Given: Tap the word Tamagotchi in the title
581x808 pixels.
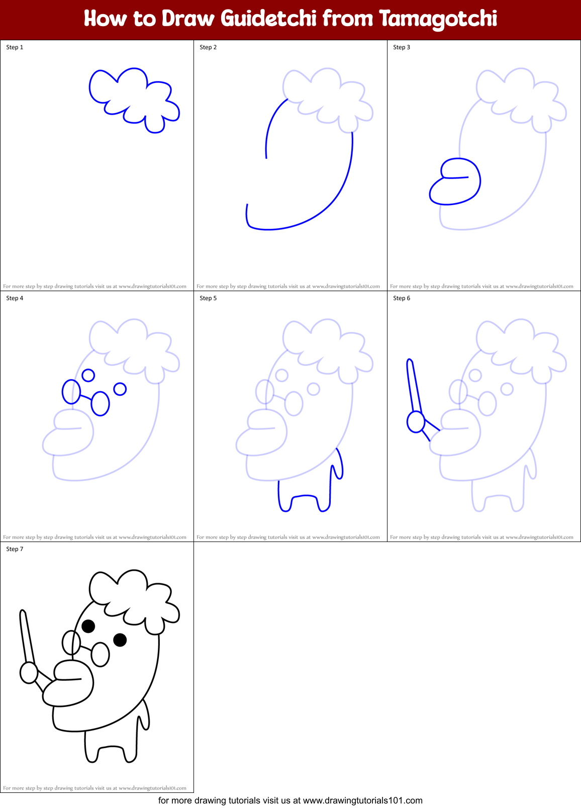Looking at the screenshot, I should click(x=438, y=19).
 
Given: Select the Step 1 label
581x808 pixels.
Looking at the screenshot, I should click(x=15, y=47).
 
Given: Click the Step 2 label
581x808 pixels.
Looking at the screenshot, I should click(x=208, y=47).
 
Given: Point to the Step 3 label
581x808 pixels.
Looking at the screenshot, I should click(x=402, y=47).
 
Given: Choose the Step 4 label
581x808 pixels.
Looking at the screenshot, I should click(x=15, y=298).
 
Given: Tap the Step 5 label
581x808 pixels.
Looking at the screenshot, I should click(x=208, y=298).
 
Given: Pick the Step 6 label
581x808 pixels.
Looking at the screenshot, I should click(x=402, y=298).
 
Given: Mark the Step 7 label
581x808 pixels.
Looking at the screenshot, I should click(x=15, y=549).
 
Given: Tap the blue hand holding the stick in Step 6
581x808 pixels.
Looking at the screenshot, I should click(x=416, y=422).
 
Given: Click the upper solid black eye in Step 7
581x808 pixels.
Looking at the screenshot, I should click(x=88, y=626).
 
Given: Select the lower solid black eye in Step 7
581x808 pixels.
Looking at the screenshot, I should click(x=120, y=640).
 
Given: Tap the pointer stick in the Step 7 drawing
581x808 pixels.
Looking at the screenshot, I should click(x=26, y=636).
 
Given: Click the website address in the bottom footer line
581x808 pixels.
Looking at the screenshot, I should click(x=362, y=800).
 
